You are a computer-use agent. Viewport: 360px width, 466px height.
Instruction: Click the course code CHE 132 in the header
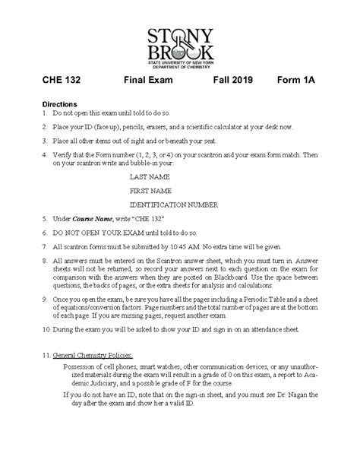62,80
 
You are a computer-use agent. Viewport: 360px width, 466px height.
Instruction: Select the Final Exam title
150,80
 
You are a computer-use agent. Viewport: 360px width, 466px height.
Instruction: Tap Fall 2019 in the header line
235,80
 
